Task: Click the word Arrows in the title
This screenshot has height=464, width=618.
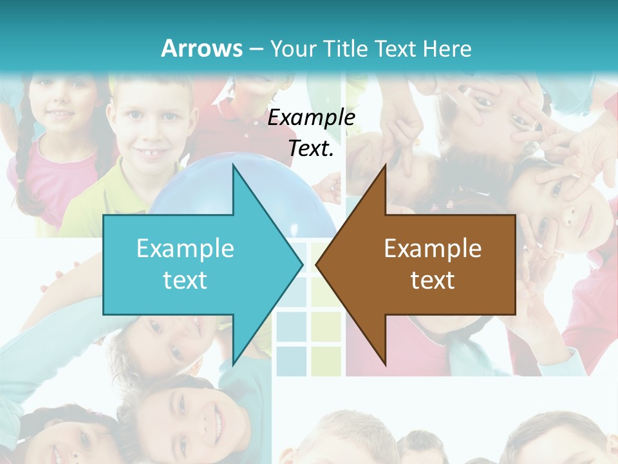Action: tap(201, 48)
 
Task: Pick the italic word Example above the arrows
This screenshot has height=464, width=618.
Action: tap(312, 118)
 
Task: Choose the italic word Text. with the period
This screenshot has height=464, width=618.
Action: tap(312, 149)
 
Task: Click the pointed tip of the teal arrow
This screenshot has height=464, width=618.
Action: tap(303, 264)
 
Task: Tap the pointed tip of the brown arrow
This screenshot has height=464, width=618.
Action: tap(316, 264)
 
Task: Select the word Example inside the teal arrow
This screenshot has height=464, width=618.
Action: tap(185, 249)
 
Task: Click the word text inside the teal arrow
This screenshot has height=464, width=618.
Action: tap(185, 280)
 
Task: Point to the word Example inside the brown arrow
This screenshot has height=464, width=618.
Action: tap(433, 249)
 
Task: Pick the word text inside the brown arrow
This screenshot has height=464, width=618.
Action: tap(433, 280)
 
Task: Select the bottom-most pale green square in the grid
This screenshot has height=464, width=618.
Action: tap(326, 361)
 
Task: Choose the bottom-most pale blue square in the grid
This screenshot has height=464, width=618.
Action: tap(291, 361)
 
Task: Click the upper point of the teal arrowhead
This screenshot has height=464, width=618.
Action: tap(233, 166)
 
